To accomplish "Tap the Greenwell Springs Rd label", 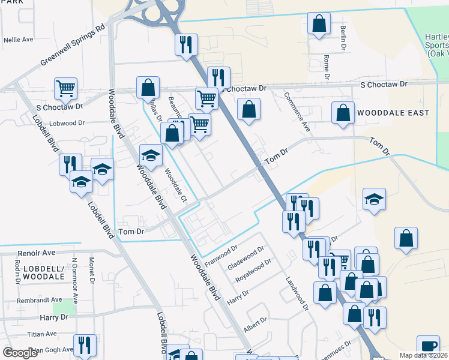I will pyautogui.click(x=73, y=46).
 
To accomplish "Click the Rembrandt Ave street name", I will pyautogui.click(x=40, y=299).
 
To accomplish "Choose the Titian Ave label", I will pyautogui.click(x=41, y=334).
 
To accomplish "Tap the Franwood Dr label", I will pyautogui.click(x=221, y=255).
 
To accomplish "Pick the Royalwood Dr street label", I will pyautogui.click(x=253, y=271).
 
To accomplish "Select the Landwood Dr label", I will pyautogui.click(x=297, y=293).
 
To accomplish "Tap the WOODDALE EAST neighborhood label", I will pyautogui.click(x=393, y=113).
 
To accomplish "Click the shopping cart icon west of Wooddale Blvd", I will pyautogui.click(x=65, y=88).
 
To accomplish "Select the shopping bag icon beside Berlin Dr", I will pyautogui.click(x=319, y=23).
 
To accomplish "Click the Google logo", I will pyautogui.click(x=20, y=353).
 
